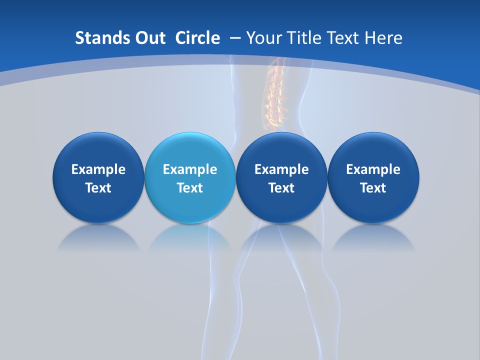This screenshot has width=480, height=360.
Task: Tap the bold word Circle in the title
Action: click(197, 38)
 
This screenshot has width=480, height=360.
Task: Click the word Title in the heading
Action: click(304, 38)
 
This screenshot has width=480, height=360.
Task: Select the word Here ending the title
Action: click(383, 38)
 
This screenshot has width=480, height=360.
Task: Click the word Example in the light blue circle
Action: click(190, 169)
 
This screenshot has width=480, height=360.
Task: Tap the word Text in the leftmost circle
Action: click(98, 188)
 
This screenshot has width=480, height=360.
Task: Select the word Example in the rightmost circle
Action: click(373, 169)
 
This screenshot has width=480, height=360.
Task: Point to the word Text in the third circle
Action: click(281, 188)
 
